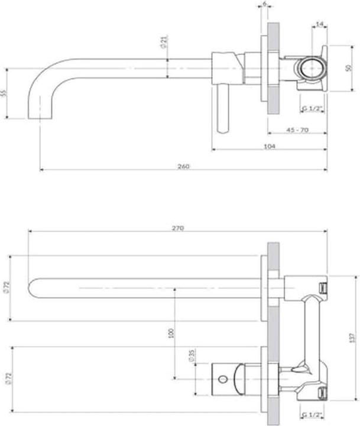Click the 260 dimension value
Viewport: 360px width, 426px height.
click(183, 166)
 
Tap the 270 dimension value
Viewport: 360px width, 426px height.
click(178, 228)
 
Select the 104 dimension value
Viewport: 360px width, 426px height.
click(270, 146)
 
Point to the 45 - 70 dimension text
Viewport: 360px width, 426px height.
click(297, 130)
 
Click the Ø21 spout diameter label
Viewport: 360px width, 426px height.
click(164, 41)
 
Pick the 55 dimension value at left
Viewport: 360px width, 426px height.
click(4, 93)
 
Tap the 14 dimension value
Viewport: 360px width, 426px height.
click(320, 24)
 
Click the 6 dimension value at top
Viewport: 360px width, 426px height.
click(264, 4)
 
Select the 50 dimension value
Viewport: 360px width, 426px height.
click(349, 68)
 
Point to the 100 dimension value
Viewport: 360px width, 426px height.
click(171, 333)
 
